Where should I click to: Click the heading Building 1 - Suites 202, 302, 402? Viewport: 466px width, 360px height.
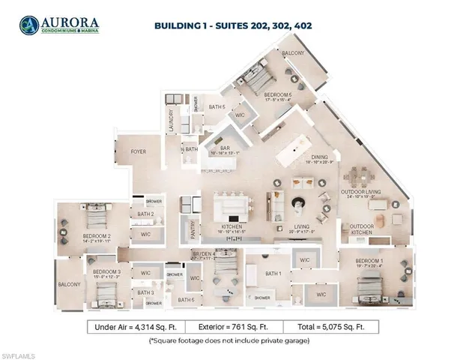pyautogui.click(x=233, y=25)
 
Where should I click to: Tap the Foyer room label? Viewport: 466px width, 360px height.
pyautogui.click(x=139, y=151)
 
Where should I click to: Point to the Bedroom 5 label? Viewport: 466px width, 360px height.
pyautogui.click(x=279, y=94)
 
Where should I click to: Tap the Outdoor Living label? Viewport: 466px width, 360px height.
pyautogui.click(x=362, y=192)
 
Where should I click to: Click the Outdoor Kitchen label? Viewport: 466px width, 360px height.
pyautogui.click(x=363, y=228)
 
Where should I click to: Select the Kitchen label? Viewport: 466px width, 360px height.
pyautogui.click(x=230, y=226)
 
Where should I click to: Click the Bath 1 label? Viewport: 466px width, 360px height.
pyautogui.click(x=273, y=273)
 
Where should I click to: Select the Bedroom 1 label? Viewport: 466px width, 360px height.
pyautogui.click(x=372, y=262)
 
